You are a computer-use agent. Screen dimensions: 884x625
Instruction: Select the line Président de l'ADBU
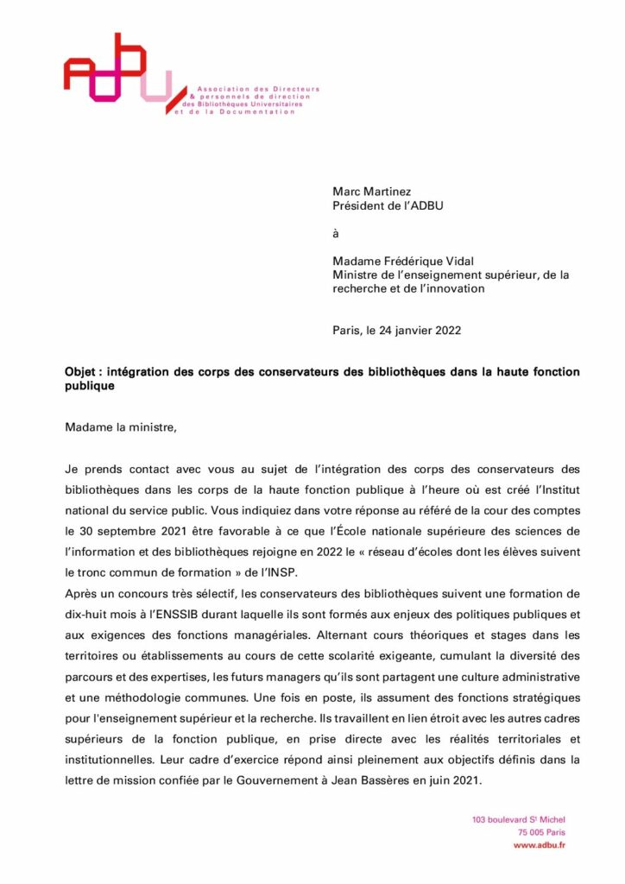383,205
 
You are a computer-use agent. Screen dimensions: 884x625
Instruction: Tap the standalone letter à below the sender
336,233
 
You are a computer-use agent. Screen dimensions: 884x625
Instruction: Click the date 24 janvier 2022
414,330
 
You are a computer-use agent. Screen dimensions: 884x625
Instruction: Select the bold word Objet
83,372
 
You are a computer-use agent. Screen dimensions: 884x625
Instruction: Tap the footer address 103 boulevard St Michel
519,819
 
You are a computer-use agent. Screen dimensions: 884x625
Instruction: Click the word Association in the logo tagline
219,89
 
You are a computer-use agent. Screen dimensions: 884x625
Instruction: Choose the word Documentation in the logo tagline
255,113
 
